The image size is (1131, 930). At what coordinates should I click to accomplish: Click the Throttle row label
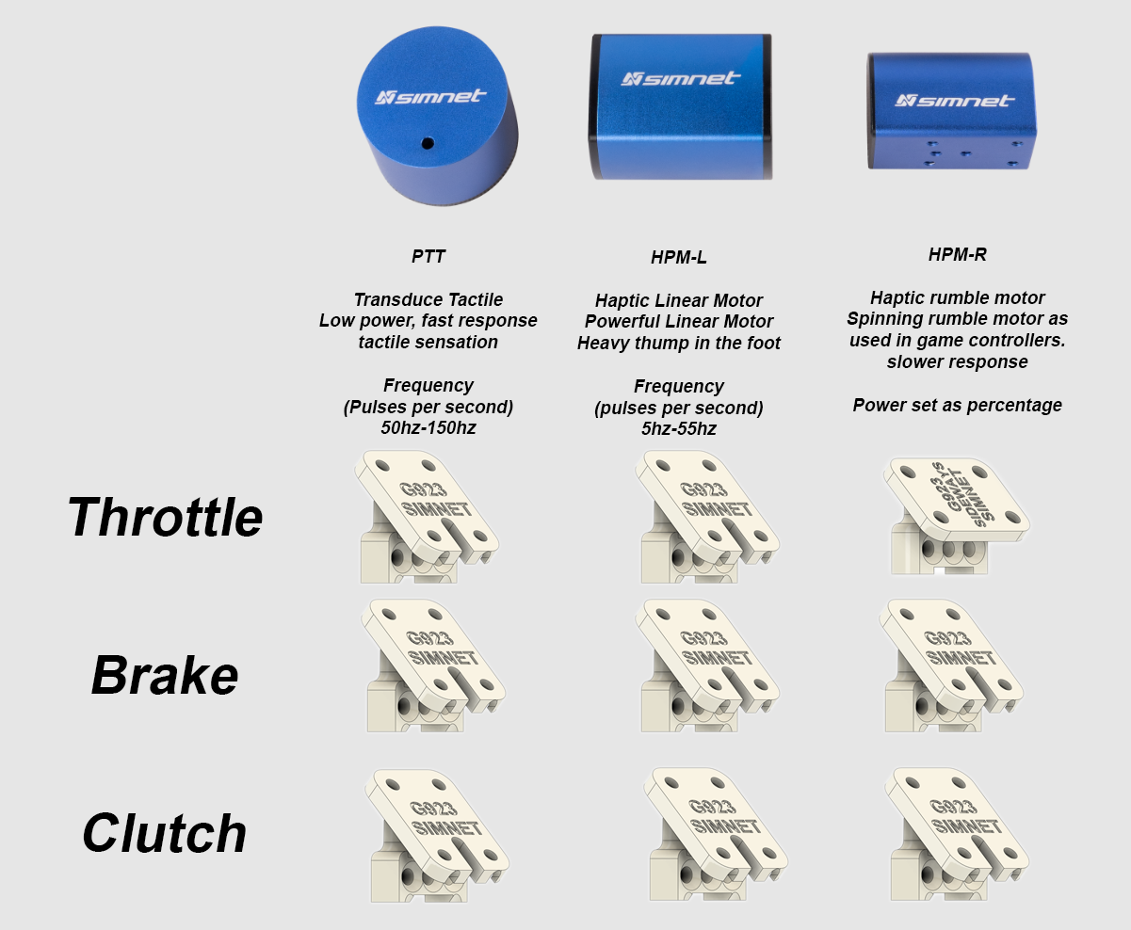coord(165,517)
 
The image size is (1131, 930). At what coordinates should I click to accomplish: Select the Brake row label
coord(165,676)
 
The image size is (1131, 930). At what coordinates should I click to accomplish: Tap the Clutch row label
coord(164,833)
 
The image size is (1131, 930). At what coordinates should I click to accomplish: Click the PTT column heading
coord(428,257)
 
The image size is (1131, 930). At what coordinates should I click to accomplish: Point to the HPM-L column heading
coord(678,258)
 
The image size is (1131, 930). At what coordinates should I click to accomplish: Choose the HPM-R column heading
coord(957,254)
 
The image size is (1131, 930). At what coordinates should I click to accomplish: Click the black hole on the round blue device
coord(428,143)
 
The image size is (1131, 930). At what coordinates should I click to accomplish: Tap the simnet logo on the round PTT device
coord(430,97)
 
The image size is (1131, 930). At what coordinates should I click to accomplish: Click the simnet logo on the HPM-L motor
coord(681,79)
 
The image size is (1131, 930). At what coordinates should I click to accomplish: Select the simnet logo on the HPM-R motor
coord(955,100)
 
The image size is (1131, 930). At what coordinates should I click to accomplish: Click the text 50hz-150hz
coord(428,427)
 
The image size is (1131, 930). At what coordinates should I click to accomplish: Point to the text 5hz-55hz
coord(678,429)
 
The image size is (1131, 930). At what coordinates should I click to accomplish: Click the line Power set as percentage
coord(957,406)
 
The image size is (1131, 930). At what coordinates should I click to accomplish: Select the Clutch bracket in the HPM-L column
coord(716,834)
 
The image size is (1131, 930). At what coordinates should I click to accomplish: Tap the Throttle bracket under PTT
coord(427,517)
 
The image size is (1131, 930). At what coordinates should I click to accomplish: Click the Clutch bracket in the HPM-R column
coord(957,834)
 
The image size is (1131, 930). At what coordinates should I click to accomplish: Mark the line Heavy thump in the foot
coord(678,343)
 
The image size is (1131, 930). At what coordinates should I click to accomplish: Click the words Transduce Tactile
coord(428,299)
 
